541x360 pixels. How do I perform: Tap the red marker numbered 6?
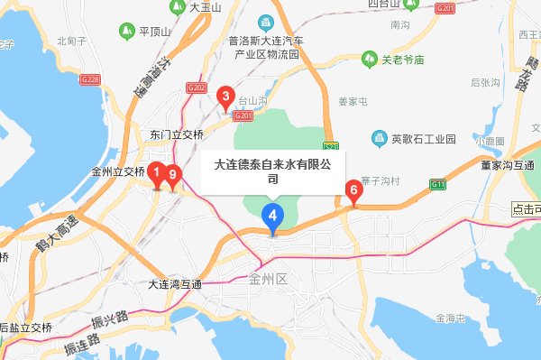coord(353,190)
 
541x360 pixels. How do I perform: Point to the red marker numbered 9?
coord(173,175)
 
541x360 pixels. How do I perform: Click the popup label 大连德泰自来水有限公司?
coord(272,171)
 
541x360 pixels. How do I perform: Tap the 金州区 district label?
coord(268,280)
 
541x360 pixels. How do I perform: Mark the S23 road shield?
coord(331,145)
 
